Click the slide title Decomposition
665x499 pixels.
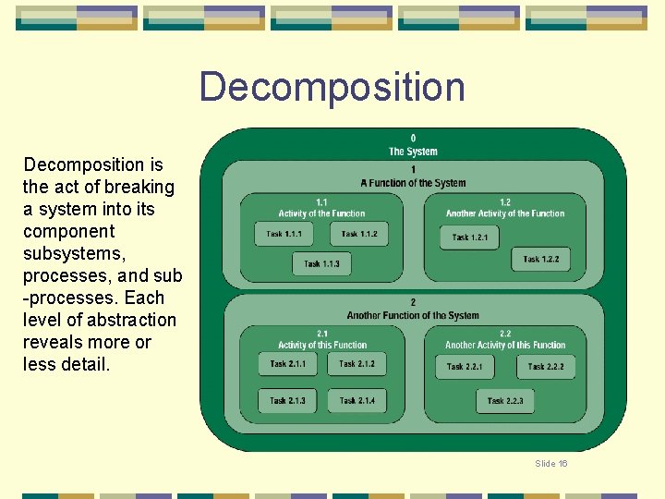(332, 87)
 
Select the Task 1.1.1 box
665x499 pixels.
(284, 234)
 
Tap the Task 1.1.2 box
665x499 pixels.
(358, 234)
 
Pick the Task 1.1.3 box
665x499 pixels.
(321, 264)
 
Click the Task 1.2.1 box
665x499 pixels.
(469, 237)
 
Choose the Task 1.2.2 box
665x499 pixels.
(540, 259)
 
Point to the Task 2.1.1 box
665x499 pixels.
(287, 364)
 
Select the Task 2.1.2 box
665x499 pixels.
(357, 364)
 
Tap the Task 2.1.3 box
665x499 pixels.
(287, 401)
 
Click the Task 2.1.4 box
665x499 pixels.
(357, 401)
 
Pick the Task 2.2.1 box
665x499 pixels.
(465, 367)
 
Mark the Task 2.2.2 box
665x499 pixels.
(545, 367)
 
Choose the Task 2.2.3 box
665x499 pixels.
(504, 401)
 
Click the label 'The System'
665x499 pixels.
(413, 152)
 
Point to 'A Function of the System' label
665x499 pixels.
(413, 183)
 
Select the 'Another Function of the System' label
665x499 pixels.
(413, 315)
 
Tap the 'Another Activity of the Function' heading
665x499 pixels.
(504, 213)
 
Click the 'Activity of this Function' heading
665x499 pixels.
(322, 346)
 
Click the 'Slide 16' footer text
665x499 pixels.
(551, 463)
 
